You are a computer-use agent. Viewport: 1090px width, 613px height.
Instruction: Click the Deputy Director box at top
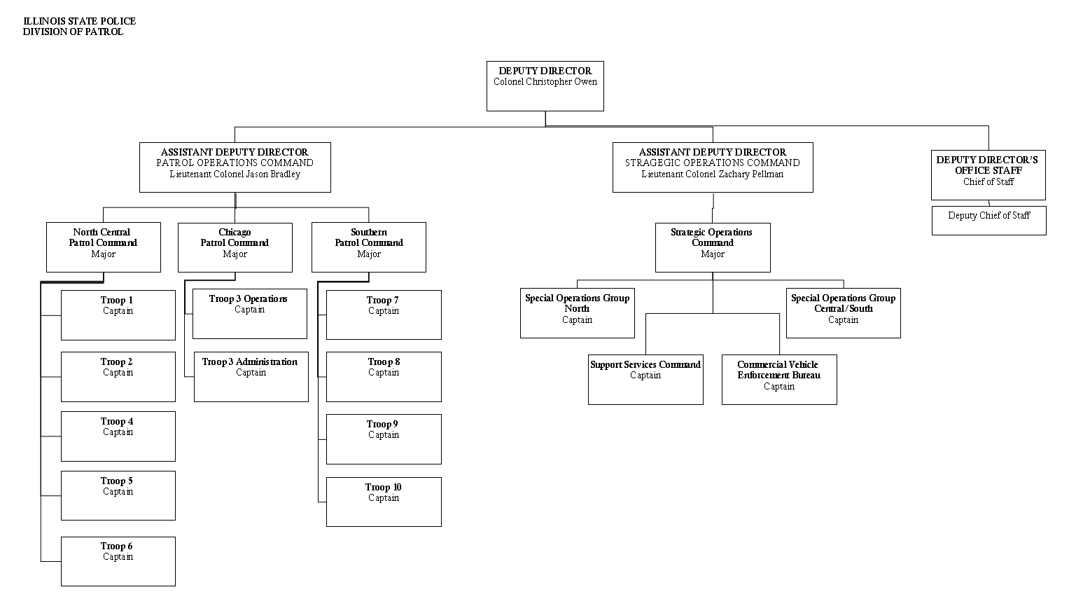(x=545, y=86)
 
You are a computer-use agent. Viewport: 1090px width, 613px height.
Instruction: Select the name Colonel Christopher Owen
(x=545, y=82)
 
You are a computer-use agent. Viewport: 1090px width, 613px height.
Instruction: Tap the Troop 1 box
(x=118, y=315)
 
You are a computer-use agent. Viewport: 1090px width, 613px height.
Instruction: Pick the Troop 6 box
(x=118, y=561)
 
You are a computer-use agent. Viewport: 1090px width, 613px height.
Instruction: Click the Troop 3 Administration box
(x=251, y=377)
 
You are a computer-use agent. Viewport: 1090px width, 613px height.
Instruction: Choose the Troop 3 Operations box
(x=249, y=314)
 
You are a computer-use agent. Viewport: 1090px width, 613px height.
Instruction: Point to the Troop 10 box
(x=383, y=502)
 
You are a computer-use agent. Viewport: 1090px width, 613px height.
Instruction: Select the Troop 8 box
(x=383, y=377)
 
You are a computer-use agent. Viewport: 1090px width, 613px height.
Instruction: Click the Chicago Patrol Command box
(x=235, y=247)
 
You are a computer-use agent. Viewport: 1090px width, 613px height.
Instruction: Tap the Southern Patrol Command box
(x=368, y=247)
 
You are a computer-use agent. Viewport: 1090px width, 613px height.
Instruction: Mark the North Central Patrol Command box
(x=103, y=247)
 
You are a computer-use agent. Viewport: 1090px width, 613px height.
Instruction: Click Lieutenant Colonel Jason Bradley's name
(x=235, y=174)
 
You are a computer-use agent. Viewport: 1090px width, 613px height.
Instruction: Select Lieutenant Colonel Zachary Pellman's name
(x=712, y=174)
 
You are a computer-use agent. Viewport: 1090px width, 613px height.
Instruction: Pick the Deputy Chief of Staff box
(x=988, y=220)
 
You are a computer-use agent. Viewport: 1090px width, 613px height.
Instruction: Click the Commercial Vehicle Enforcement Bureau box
(x=778, y=379)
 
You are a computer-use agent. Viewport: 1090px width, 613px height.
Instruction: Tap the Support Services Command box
(x=645, y=379)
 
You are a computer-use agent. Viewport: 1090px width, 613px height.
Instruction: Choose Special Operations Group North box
(x=577, y=312)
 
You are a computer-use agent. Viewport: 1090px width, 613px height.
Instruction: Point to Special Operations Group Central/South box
(x=843, y=312)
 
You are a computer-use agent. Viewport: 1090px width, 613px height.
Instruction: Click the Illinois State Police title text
(x=79, y=22)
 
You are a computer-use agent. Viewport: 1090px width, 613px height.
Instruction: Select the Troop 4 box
(x=118, y=436)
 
